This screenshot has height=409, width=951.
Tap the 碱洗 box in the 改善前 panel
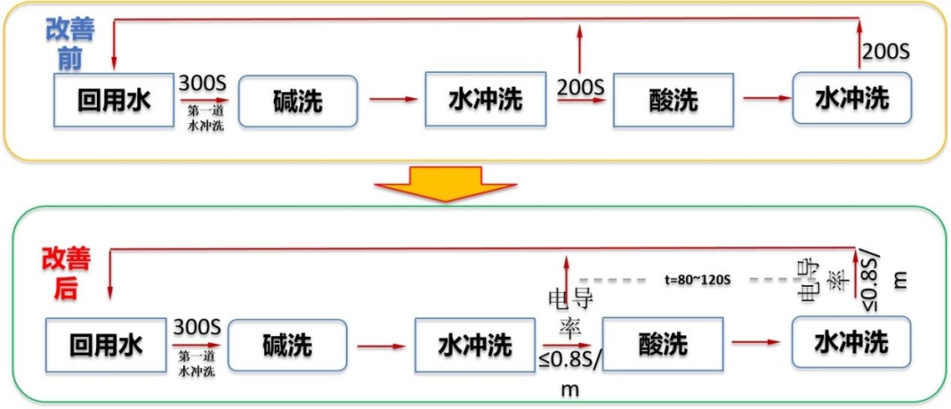point(298,101)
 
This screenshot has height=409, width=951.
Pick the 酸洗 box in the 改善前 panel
point(674,100)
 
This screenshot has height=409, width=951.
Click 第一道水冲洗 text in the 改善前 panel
point(206,119)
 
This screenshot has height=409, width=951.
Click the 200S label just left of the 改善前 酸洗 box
point(580,87)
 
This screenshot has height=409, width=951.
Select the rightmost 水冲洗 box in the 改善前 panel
point(851,99)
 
